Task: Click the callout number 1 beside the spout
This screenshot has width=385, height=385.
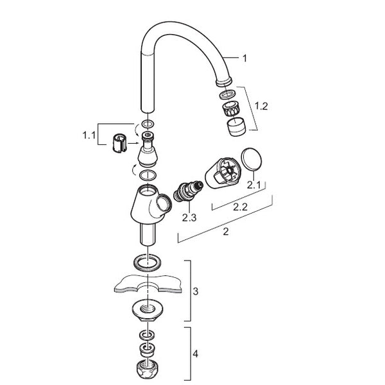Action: tap(244, 58)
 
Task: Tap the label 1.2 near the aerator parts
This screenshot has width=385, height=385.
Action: tap(261, 106)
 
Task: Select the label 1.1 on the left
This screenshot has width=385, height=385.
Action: tap(89, 135)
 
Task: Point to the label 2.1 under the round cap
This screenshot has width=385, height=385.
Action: tap(253, 185)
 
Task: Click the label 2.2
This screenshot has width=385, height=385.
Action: tap(240, 207)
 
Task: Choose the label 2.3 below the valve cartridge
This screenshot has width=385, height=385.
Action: tap(189, 218)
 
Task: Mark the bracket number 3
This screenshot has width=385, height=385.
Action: tap(196, 291)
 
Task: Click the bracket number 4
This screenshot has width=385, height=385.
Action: tap(196, 354)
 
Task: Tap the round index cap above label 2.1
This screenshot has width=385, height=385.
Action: tap(252, 159)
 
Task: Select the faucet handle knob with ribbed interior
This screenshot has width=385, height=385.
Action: tap(222, 173)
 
